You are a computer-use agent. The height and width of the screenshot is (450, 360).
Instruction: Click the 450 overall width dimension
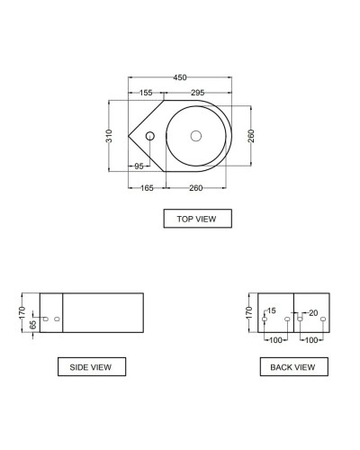pyautogui.click(x=180, y=78)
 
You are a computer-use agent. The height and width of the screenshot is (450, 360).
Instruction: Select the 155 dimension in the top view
pyautogui.click(x=145, y=92)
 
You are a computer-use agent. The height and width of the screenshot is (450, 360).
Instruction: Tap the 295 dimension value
pyautogui.click(x=197, y=92)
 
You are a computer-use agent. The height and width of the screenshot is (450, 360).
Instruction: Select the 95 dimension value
pyautogui.click(x=139, y=166)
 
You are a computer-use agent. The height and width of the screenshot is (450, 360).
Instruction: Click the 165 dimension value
pyautogui.click(x=147, y=187)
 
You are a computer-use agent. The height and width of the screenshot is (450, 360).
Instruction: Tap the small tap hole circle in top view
pyautogui.click(x=150, y=136)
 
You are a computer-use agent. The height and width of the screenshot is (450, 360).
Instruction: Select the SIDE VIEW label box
pyautogui.click(x=91, y=366)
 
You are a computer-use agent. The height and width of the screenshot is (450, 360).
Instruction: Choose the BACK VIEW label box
pyautogui.click(x=292, y=366)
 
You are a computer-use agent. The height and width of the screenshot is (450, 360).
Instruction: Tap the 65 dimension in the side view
pyautogui.click(x=33, y=323)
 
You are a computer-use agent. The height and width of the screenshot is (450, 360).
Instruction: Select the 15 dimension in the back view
pyautogui.click(x=270, y=312)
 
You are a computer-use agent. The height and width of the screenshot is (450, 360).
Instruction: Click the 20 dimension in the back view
pyautogui.click(x=312, y=312)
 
